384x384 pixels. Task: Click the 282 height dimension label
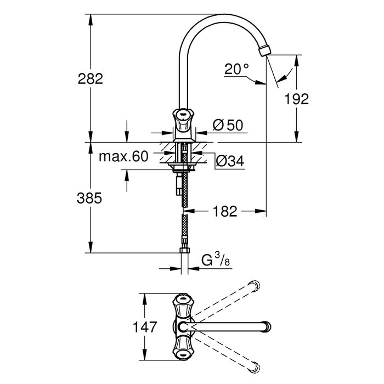91,79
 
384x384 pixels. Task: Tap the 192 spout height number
297,99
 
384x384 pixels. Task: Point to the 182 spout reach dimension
225,210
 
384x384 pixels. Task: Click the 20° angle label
236,69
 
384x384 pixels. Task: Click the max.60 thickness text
124,157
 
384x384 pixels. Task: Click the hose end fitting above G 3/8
185,251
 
